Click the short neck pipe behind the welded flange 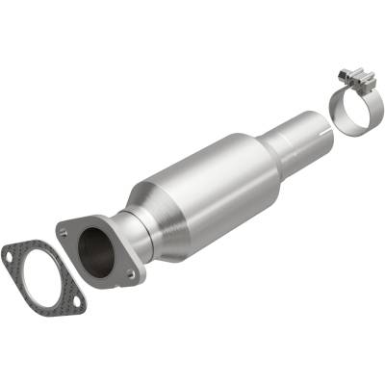[129, 237]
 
